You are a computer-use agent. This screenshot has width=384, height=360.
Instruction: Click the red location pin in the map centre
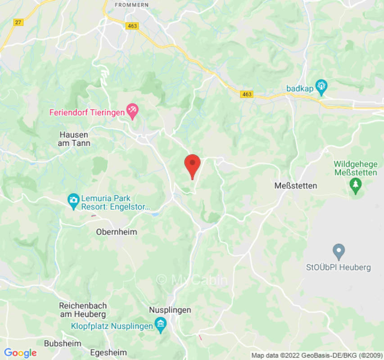click(x=193, y=165)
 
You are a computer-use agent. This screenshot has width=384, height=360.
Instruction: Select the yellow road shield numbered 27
click(x=18, y=22)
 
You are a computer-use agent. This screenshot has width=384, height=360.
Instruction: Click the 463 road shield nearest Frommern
click(x=132, y=26)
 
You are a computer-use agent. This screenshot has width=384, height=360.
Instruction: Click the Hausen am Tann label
click(x=74, y=139)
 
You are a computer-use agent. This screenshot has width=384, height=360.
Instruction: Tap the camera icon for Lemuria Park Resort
click(x=73, y=200)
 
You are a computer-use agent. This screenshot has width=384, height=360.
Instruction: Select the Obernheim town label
click(x=117, y=232)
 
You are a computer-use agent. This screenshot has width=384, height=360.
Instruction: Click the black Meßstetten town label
click(x=296, y=185)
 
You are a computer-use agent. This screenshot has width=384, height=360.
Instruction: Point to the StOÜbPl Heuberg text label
click(x=338, y=267)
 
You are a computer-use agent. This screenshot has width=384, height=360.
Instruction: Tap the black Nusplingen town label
click(x=170, y=310)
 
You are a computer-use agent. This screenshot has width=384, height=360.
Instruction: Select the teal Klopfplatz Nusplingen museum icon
click(x=160, y=324)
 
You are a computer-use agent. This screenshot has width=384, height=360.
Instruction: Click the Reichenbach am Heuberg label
click(x=82, y=310)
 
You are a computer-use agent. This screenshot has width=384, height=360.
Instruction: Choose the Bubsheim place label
click(x=63, y=343)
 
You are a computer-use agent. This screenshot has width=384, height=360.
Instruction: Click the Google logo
click(x=20, y=353)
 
